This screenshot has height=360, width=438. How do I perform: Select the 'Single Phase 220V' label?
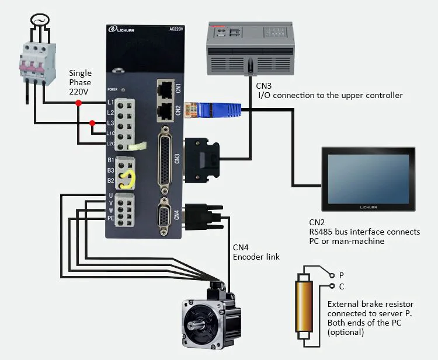pos(80,82)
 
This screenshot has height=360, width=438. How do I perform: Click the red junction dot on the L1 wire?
pos(78,103)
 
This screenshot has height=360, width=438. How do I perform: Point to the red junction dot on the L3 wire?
pos(92,123)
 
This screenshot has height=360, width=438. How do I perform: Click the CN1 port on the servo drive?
pos(165,89)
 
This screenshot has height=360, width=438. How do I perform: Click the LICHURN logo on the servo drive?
pos(124,30)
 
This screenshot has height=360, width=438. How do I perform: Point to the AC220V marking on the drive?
pos(177,30)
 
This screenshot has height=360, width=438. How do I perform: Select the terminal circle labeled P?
pos(332,275)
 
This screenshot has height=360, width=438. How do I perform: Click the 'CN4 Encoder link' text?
pos(256,252)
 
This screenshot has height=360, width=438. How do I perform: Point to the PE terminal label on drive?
pos(110,218)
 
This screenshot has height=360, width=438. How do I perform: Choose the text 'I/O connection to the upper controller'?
pos(330,95)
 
